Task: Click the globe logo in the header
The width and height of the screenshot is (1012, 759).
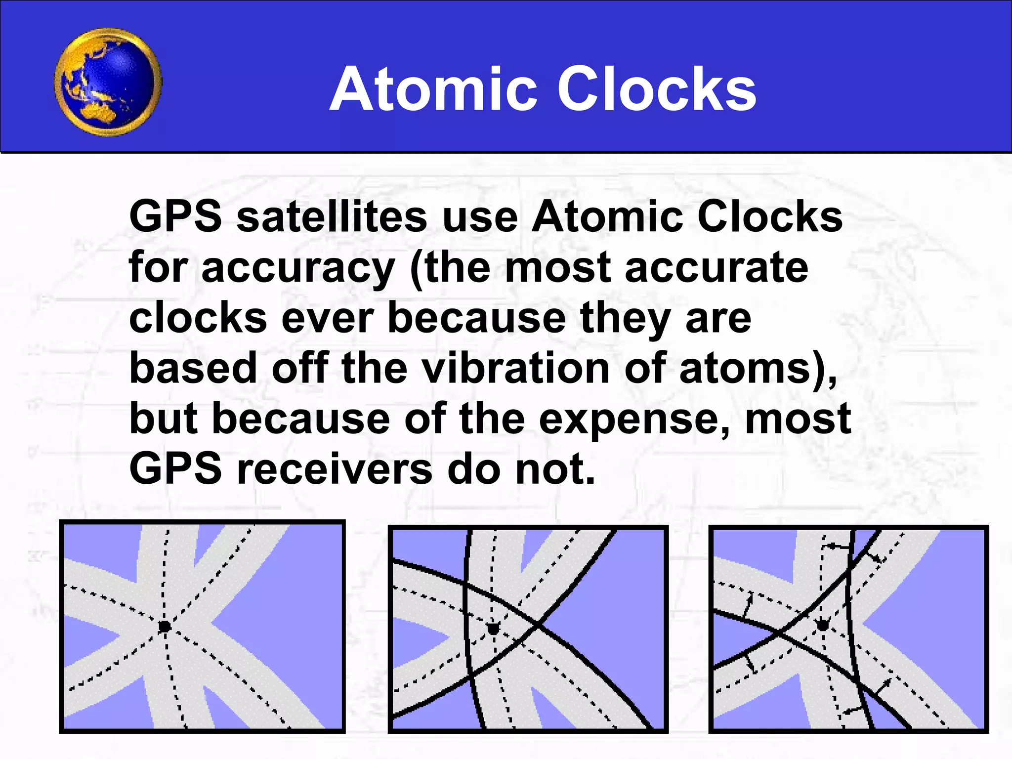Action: click(x=108, y=82)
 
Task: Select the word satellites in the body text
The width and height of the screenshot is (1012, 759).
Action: click(x=332, y=217)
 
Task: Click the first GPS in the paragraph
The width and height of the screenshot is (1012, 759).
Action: click(x=175, y=217)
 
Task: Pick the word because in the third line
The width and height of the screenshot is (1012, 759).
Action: click(x=476, y=318)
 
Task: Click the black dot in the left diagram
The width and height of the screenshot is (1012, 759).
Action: click(x=164, y=627)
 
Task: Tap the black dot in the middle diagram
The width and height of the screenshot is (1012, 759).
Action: click(x=493, y=629)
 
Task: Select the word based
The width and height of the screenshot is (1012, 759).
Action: click(x=193, y=369)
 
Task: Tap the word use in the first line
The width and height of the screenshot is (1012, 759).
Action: click(x=480, y=217)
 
